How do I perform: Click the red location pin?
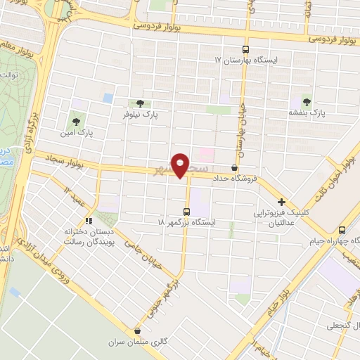[181, 166]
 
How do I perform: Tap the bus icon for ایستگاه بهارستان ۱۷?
[245, 49]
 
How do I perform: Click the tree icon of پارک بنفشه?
[307, 99]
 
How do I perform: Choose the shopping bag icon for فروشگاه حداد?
[234, 167]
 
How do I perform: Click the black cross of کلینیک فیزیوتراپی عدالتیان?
[281, 202]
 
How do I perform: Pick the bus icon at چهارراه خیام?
[342, 230]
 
